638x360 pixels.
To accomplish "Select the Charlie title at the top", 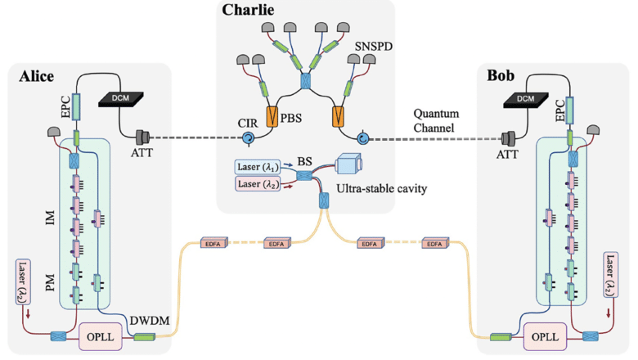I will [247, 11].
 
